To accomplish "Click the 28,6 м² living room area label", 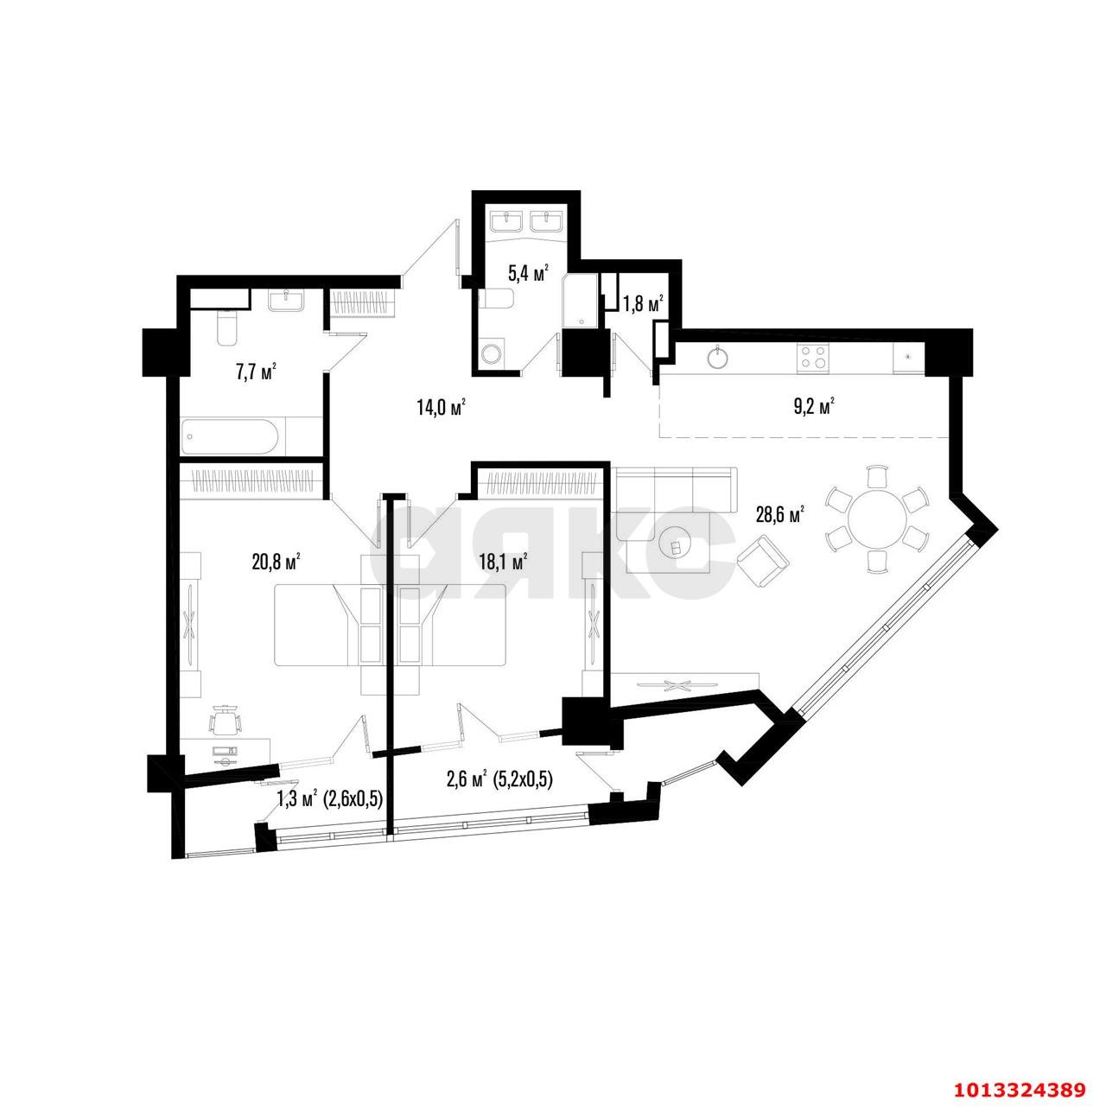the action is [779, 514].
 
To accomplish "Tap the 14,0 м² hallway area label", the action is [441, 407].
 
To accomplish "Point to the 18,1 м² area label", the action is [504, 561].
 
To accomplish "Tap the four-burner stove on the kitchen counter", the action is [813, 357].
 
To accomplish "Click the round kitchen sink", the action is [718, 356].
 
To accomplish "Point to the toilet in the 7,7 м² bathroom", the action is [226, 328].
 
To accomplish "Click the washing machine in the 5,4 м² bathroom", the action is [491, 355].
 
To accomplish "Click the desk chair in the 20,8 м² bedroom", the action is [226, 721].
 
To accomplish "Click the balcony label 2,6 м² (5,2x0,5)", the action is [499, 780].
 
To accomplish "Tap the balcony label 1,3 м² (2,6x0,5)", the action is [329, 799].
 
